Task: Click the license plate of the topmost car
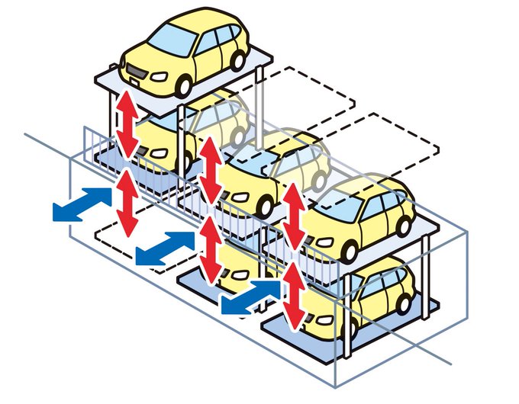coord(134,74)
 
